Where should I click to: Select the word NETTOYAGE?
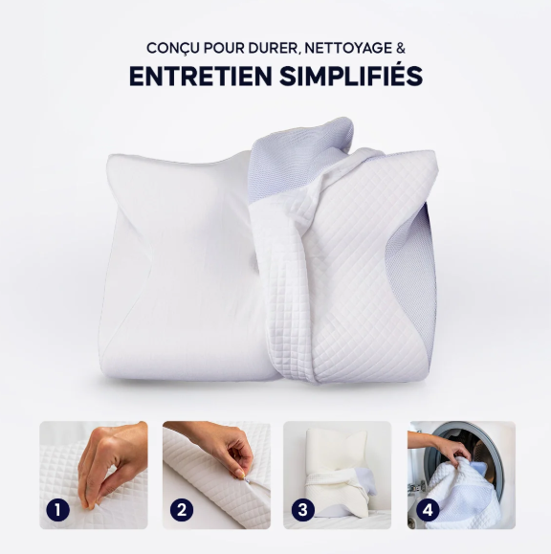pos(348,48)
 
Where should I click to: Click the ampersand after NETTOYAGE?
pos(401,48)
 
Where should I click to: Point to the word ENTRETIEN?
pos(201,76)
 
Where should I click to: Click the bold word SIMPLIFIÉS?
pos(351,75)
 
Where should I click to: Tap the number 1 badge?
pos(57,509)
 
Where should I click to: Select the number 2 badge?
pos(182,509)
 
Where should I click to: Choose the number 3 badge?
pos(303,509)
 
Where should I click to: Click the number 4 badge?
pos(428,509)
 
